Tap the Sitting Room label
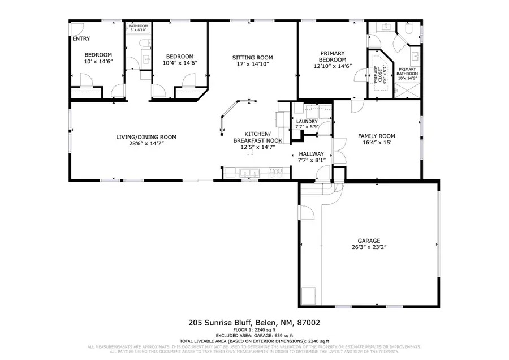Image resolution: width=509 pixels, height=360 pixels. tap(253, 58)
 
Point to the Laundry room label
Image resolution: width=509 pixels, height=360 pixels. tap(307, 121)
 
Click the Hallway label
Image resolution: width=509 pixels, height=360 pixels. tap(312, 153)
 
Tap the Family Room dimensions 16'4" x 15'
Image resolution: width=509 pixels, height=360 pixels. tap(376, 143)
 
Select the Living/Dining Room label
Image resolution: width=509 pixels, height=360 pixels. tap(146, 137)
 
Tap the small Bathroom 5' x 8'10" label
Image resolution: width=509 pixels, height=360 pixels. tap(138, 27)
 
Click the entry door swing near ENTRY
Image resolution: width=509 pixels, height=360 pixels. tap(77, 29)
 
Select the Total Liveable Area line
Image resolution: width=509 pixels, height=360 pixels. tap(254, 341)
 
